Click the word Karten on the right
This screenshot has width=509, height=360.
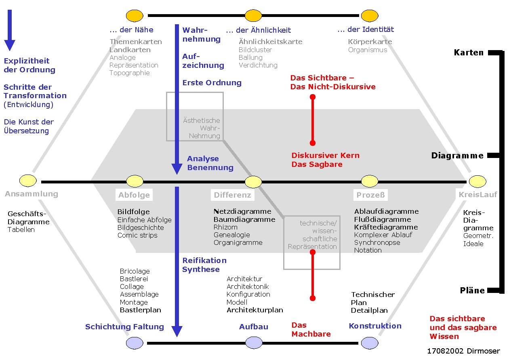[469, 53]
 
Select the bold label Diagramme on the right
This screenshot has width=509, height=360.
[457, 156]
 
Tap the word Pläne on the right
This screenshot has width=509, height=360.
[472, 291]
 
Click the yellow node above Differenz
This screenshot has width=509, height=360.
[253, 182]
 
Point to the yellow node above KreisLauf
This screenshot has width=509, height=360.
[477, 181]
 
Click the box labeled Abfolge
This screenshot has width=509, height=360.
[134, 195]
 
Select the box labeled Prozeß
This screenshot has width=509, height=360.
[370, 195]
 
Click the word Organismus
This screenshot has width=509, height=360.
[368, 50]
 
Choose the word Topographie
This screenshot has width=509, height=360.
[129, 73]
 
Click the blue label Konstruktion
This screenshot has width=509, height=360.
[375, 326]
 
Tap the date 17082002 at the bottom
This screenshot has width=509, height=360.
[445, 351]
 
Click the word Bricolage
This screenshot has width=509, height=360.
[135, 271]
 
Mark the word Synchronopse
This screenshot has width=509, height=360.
[377, 242]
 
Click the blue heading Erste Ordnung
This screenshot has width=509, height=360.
[212, 83]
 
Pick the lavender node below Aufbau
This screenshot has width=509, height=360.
[253, 343]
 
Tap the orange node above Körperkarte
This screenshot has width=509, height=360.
[369, 16]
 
